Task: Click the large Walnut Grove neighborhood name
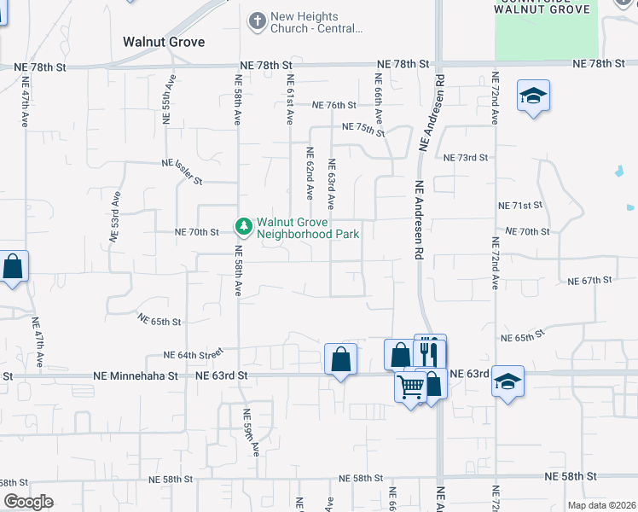164,41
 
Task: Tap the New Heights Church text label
315,22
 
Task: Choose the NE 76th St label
333,105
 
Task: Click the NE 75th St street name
363,129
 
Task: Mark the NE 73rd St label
466,157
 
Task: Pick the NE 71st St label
520,206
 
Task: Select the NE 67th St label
589,280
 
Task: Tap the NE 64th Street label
193,353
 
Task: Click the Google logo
28,502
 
